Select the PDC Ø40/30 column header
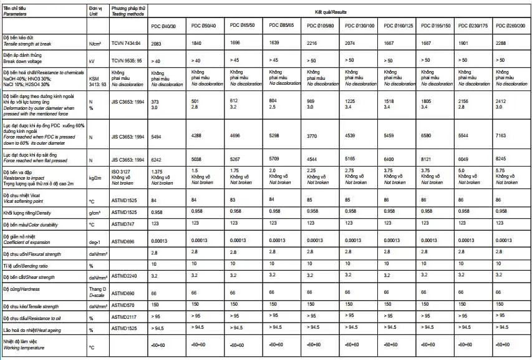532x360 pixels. coord(164,26)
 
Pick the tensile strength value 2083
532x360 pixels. coord(158,44)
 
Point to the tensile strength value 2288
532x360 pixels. coord(501,44)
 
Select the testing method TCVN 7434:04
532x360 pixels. coord(127,44)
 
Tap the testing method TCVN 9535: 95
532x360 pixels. coord(127,62)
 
